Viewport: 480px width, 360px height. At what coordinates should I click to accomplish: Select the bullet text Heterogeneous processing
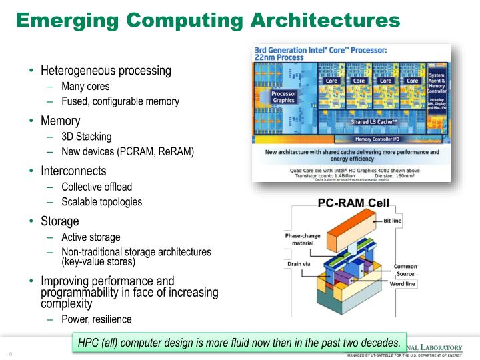click(106, 71)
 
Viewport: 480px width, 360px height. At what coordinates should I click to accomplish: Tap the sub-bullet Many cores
click(85, 87)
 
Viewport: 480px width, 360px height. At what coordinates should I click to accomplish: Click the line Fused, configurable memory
click(120, 101)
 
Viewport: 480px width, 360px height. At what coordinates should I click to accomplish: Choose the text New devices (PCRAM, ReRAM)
click(127, 152)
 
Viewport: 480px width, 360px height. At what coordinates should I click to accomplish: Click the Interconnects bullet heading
click(73, 171)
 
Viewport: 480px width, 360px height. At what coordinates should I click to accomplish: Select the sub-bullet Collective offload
click(97, 187)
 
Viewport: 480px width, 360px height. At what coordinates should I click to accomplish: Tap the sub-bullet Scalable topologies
click(101, 201)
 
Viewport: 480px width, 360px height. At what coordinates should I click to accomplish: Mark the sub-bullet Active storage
click(91, 237)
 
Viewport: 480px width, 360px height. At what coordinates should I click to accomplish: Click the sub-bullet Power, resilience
click(96, 319)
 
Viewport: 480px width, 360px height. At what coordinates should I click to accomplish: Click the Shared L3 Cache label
click(374, 123)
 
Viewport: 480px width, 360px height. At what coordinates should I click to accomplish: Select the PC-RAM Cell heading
click(353, 203)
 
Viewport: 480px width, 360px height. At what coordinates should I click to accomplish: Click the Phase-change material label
click(303, 240)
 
